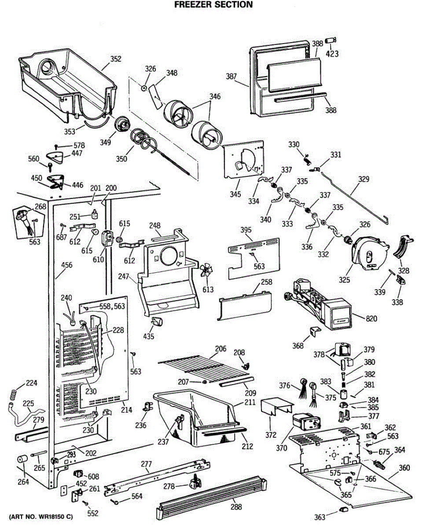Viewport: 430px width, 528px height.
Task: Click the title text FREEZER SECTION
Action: pyautogui.click(x=213, y=5)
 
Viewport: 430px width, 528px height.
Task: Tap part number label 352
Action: pyautogui.click(x=116, y=59)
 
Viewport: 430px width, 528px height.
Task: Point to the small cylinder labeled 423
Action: pyautogui.click(x=332, y=41)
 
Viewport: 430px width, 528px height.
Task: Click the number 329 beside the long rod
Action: pyautogui.click(x=364, y=180)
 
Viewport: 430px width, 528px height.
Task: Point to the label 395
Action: pyautogui.click(x=246, y=231)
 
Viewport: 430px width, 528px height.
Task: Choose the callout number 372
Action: pyautogui.click(x=271, y=436)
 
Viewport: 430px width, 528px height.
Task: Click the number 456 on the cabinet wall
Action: pyautogui.click(x=66, y=265)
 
